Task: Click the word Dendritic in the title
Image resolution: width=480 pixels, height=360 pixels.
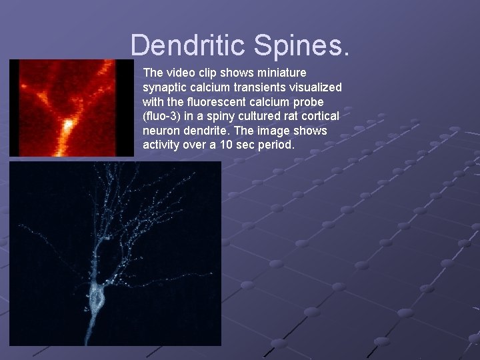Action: [187, 45]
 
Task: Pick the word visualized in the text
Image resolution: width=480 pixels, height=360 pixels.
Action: [316, 87]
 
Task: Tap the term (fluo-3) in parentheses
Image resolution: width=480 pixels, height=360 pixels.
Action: [161, 116]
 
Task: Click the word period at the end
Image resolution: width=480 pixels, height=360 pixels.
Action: [275, 145]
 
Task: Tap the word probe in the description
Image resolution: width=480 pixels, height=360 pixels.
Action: [309, 101]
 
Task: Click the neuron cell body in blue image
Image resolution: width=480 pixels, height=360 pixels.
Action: [97, 295]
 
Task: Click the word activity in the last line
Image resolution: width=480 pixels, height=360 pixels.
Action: [163, 145]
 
